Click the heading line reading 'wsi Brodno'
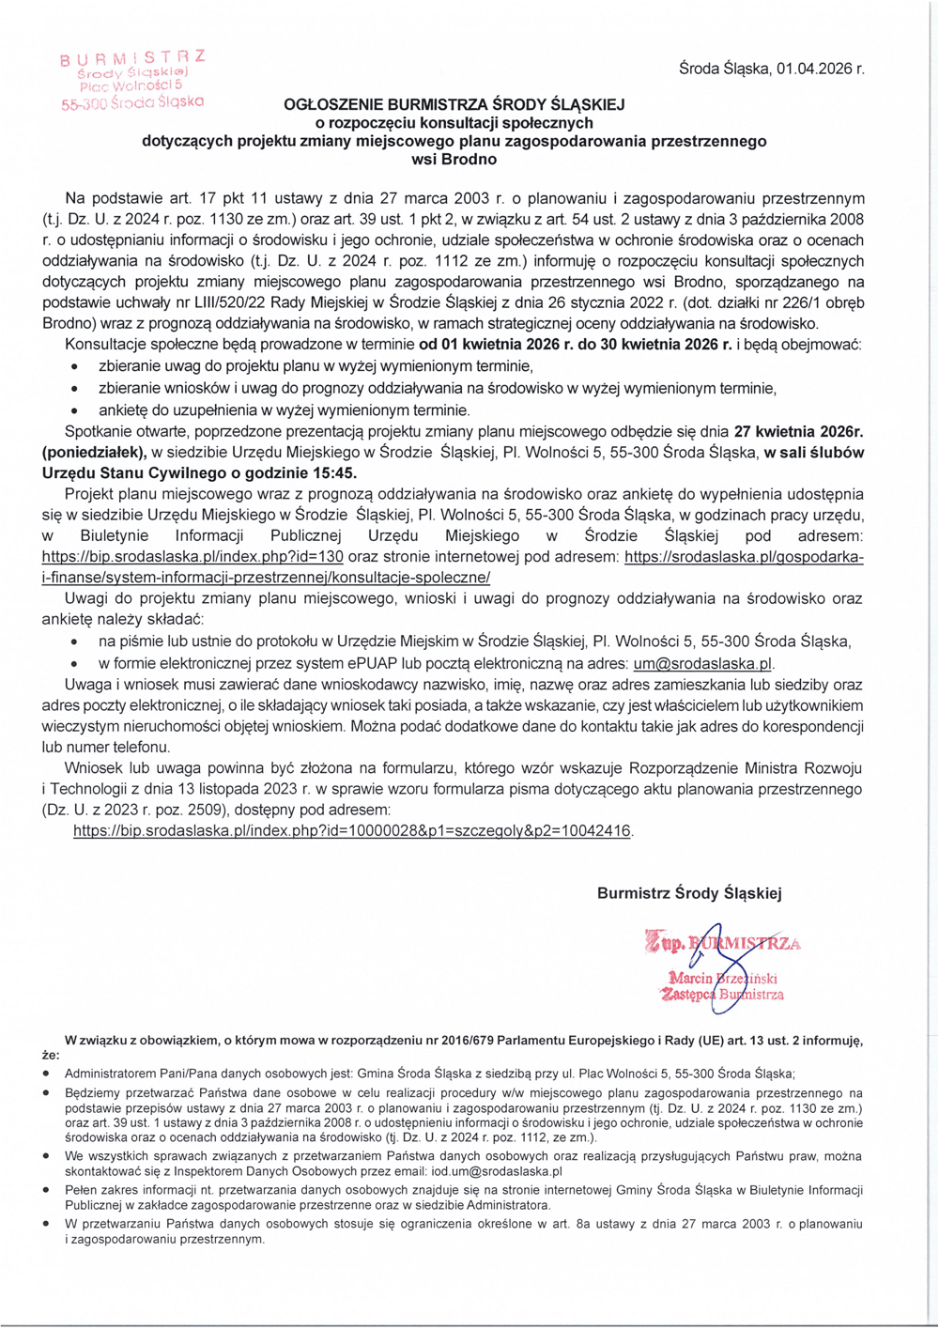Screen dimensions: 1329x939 coord(454,159)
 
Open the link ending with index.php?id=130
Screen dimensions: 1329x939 coord(192,557)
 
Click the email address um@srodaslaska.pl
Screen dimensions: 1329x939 coord(702,664)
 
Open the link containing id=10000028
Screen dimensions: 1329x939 coord(352,831)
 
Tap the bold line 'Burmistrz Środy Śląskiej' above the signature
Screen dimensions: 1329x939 coord(689,893)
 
